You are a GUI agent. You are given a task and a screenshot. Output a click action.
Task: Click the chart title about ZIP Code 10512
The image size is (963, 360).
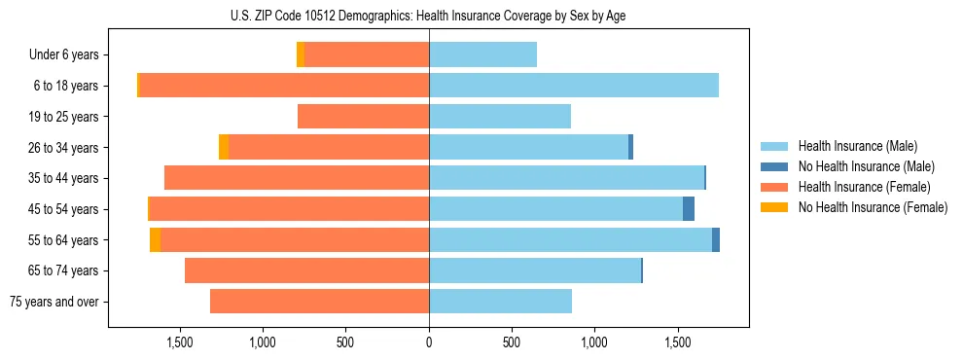point(428,16)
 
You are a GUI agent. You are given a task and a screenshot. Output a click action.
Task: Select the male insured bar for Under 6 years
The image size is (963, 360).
point(482,55)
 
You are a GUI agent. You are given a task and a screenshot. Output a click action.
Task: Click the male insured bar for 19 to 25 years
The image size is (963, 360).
point(500,117)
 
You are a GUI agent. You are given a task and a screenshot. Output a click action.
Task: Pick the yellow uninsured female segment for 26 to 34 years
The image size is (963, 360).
point(224,147)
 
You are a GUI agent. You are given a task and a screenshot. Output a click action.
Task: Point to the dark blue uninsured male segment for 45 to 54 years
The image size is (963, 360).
point(689,209)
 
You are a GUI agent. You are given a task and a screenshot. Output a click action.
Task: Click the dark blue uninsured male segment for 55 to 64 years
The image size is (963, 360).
point(716,239)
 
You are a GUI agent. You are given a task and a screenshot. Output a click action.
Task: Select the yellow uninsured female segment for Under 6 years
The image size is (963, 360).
point(301,55)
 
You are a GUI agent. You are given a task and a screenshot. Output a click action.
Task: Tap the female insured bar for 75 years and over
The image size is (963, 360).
point(319,302)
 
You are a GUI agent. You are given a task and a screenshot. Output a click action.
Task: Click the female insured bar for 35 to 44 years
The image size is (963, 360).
point(297,178)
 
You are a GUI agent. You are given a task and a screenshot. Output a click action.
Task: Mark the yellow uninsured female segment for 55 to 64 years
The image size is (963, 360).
point(156,239)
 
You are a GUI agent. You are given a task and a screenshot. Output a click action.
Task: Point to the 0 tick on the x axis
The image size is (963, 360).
point(429,342)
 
